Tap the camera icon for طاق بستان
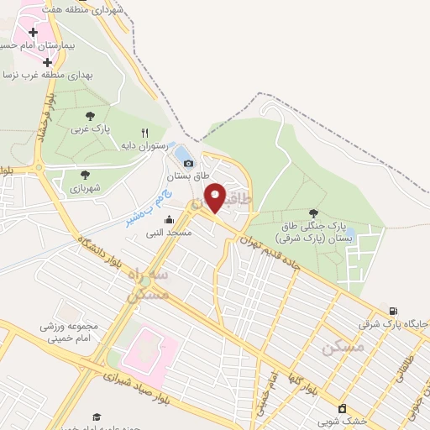[x=188, y=163]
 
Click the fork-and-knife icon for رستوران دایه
[x=144, y=133]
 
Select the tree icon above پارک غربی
[x=90, y=117]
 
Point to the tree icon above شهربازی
[x=85, y=175]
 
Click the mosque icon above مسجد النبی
[x=169, y=219]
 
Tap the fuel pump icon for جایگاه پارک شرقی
[x=394, y=311]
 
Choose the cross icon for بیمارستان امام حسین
[x=33, y=32]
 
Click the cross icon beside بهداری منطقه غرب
[x=47, y=61]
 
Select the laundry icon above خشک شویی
[x=342, y=408]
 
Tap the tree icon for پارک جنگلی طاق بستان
[x=314, y=213]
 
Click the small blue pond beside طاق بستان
[x=181, y=153]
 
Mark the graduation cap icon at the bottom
[x=97, y=417]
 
